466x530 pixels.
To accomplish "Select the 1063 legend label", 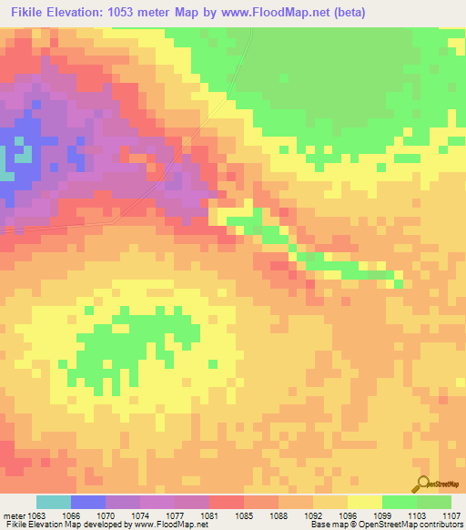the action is (36, 515).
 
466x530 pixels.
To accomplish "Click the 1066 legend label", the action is (70, 515).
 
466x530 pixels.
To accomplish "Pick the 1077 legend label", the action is (175, 515).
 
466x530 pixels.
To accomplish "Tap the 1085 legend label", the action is (244, 515).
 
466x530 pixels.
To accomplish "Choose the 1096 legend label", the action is (348, 515).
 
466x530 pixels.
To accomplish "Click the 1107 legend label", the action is (451, 515).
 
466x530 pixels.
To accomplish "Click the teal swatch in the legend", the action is (54, 502).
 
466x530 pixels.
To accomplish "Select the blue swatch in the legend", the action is (88, 502).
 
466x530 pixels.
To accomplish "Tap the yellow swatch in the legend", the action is (365, 502).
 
